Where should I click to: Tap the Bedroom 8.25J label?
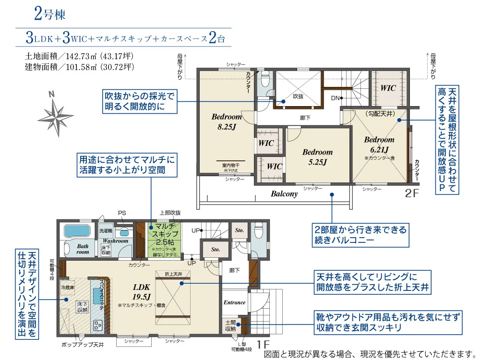[x=227, y=122]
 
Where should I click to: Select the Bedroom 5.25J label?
[x=317, y=157]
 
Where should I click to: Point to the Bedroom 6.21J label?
[x=379, y=144]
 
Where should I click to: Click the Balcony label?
[x=284, y=194]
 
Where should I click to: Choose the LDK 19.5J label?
[x=142, y=292]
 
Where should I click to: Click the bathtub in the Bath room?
[x=77, y=231]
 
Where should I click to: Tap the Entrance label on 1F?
[x=235, y=303]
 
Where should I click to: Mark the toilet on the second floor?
[x=265, y=80]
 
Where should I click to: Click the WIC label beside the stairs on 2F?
[x=388, y=88]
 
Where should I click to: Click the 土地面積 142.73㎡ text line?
[x=79, y=57]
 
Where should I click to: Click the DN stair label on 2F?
[x=335, y=98]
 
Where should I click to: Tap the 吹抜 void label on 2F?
[x=298, y=96]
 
